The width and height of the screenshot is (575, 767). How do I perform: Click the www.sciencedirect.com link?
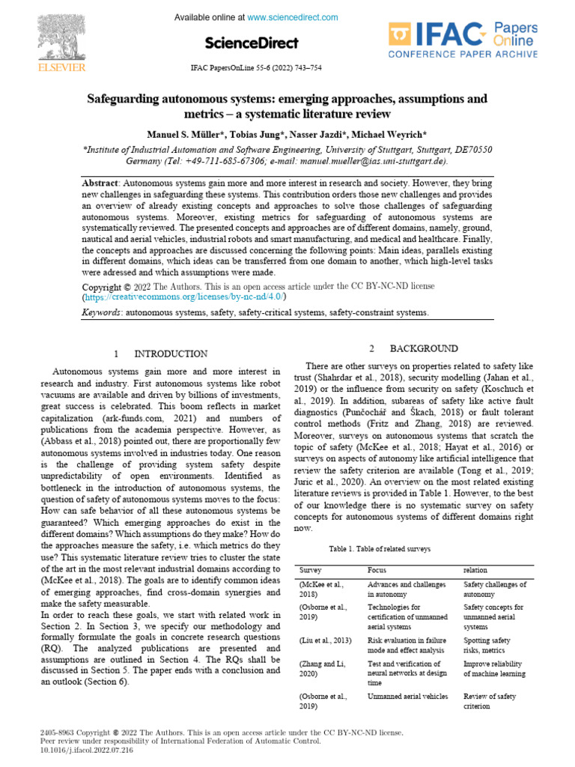tap(292, 17)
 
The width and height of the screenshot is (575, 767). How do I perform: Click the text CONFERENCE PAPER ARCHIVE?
tap(462, 55)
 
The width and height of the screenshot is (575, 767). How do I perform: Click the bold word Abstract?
tap(100, 183)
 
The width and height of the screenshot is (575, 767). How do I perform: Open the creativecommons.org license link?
tap(184, 297)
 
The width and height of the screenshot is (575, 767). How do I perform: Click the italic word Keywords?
tap(102, 312)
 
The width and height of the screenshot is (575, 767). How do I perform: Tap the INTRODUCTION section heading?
tap(170, 354)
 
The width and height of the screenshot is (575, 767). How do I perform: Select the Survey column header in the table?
tap(310, 571)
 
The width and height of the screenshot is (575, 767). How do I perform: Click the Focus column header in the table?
tap(377, 571)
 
